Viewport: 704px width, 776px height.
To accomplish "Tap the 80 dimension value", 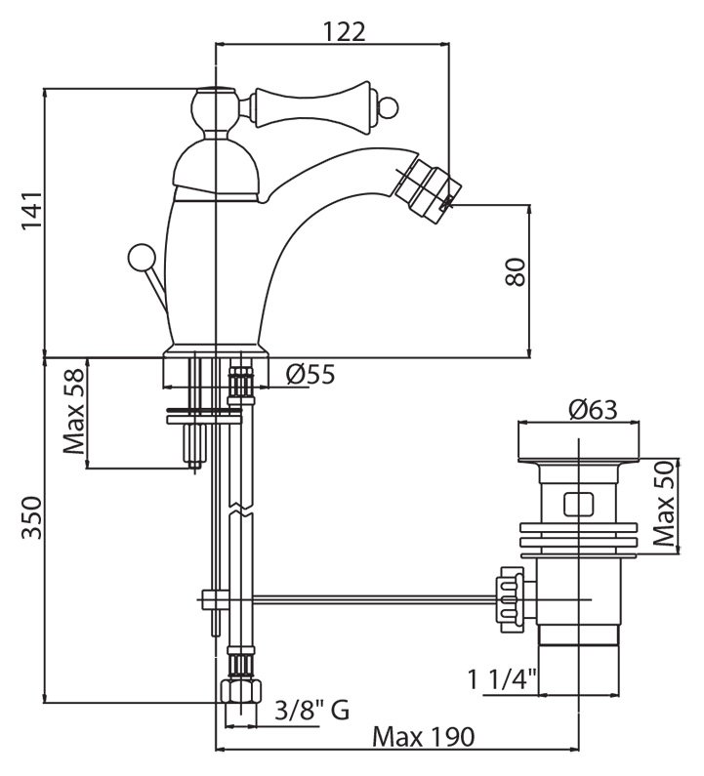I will click(x=517, y=271).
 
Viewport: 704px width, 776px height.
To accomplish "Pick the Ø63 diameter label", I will click(x=592, y=410).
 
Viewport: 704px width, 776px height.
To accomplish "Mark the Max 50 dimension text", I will click(x=666, y=506).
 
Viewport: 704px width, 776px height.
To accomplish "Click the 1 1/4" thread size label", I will click(x=505, y=675).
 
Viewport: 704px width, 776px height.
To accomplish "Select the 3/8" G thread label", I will click(x=310, y=710).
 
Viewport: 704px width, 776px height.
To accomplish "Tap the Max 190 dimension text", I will click(x=423, y=738).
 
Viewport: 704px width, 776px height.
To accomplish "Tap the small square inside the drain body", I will click(x=578, y=505).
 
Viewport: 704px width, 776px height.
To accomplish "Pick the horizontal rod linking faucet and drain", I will click(x=361, y=597).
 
